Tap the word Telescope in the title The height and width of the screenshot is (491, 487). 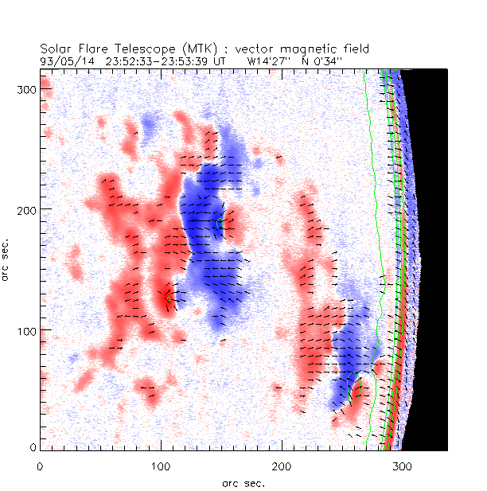(x=138, y=49)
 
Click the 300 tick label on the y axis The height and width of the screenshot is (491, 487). (x=27, y=88)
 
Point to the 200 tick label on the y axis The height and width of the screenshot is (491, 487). (x=27, y=208)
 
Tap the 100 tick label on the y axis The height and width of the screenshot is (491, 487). (x=27, y=329)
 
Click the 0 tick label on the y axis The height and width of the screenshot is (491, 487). (x=33, y=448)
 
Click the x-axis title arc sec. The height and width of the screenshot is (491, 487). (x=243, y=482)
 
